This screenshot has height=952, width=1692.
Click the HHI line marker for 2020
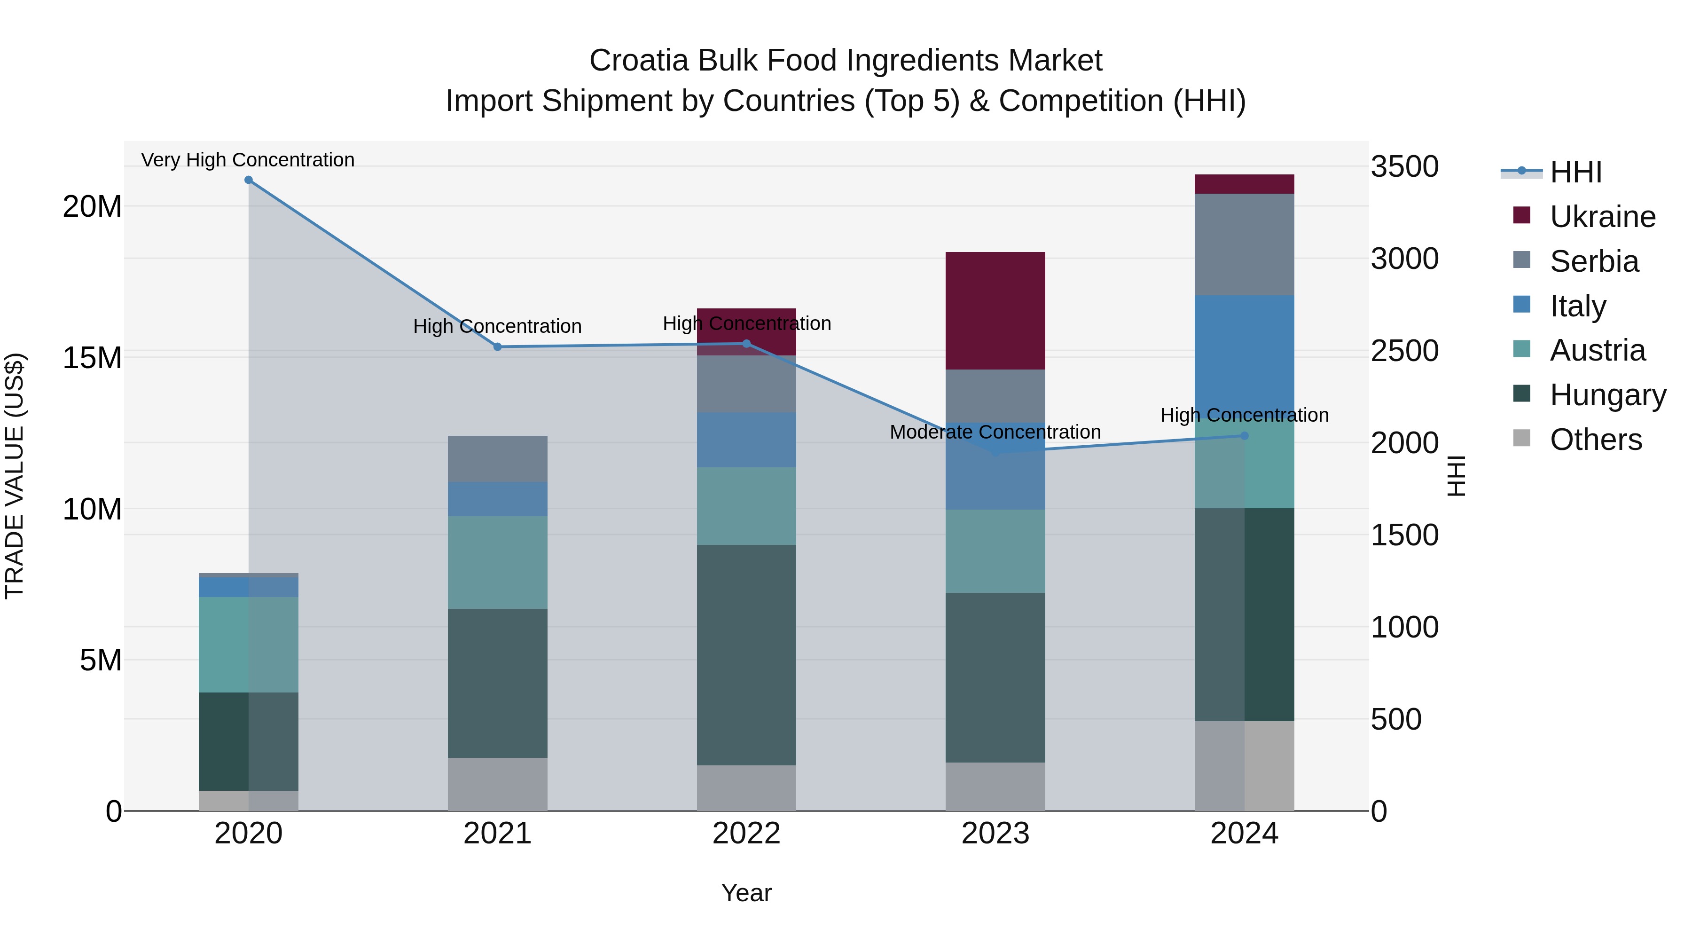point(248,180)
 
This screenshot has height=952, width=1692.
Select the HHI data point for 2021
point(497,347)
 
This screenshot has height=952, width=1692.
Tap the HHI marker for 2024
point(1244,436)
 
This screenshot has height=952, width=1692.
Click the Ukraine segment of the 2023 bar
point(995,311)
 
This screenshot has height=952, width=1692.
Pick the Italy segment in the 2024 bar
point(1244,355)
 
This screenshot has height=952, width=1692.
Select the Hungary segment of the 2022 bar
point(746,654)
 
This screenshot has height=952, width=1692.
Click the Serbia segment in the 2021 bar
point(497,458)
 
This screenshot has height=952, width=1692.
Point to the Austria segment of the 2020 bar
point(248,644)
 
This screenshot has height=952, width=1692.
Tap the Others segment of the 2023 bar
point(995,787)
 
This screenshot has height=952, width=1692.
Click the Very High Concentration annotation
point(248,160)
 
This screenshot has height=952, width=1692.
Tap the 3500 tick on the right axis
point(1404,167)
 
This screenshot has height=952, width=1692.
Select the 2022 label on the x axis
point(746,834)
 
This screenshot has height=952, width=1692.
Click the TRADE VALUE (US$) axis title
point(15,476)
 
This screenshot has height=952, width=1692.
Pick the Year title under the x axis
point(746,893)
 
